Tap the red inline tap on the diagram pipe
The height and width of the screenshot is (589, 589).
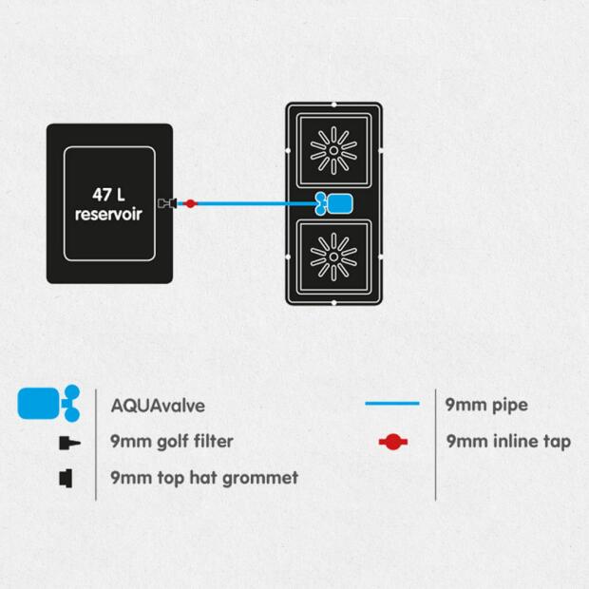[190, 203]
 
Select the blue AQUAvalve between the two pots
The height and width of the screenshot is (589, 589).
[334, 203]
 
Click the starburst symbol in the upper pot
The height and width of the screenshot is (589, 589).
[333, 149]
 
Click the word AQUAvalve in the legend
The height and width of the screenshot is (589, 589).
[158, 406]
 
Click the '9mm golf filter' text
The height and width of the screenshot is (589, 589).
[172, 442]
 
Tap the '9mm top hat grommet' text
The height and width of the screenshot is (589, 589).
[204, 477]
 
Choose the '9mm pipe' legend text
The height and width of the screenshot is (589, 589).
[486, 405]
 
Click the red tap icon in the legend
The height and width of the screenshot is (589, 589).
[391, 442]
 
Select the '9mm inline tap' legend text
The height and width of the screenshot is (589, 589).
[508, 442]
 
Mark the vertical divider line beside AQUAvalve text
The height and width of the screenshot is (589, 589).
[96, 442]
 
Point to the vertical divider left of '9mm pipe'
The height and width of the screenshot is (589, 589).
[436, 442]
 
